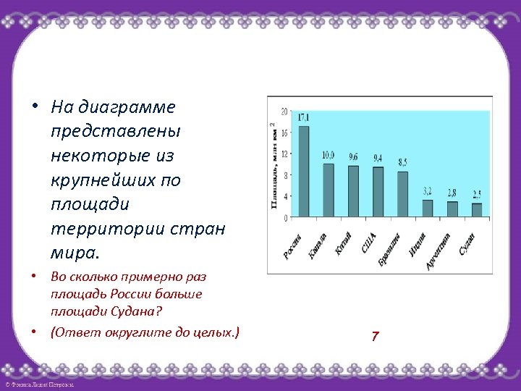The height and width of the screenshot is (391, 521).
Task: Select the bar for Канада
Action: [329, 190]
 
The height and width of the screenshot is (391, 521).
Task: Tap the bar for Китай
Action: [353, 191]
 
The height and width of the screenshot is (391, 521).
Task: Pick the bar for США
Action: [378, 192]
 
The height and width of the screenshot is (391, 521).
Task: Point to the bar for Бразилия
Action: [402, 194]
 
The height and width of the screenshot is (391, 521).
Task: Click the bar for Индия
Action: [428, 208]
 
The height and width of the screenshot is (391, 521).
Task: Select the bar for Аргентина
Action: [452, 209]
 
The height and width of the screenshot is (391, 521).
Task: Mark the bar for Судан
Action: [477, 209]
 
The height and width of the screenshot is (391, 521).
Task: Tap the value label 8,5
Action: [402, 161]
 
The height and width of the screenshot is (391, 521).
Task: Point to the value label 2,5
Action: [477, 194]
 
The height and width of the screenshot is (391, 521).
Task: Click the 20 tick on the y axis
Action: [284, 112]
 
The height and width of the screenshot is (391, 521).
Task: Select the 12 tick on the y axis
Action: [284, 154]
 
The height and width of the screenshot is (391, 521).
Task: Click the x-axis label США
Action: [369, 242]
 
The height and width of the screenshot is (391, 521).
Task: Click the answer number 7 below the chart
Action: [375, 336]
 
